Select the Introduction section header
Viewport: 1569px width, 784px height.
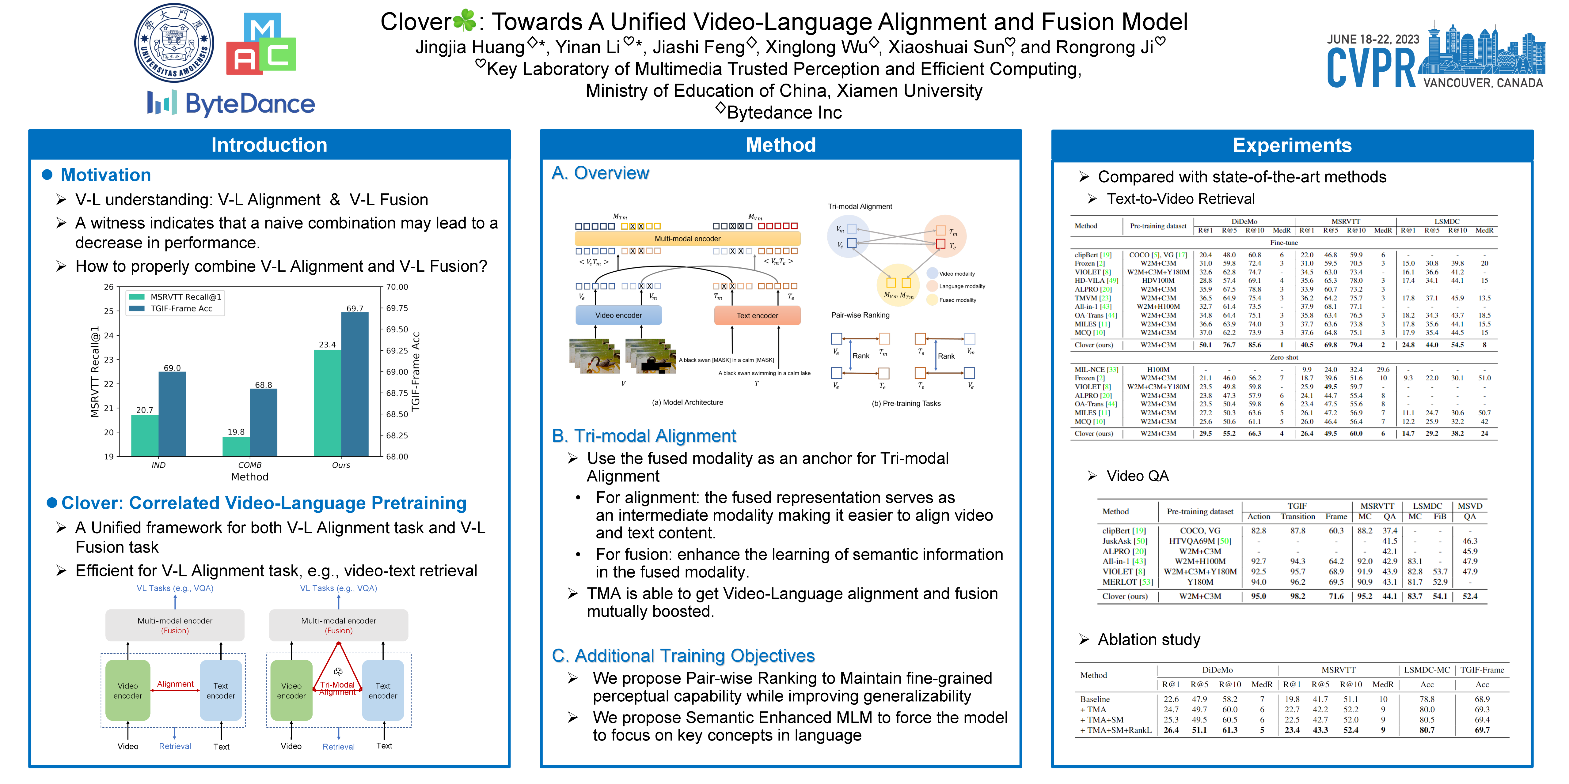point(269,145)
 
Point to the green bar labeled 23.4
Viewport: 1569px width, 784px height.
point(327,402)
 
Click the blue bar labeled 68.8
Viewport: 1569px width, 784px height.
point(264,422)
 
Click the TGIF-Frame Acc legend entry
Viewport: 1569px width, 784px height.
point(181,309)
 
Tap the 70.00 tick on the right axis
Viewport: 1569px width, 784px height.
point(397,287)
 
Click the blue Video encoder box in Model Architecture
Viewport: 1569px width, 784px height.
point(618,315)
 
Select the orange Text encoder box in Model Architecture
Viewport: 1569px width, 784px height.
point(757,315)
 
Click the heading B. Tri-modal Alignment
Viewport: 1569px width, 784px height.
point(644,436)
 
